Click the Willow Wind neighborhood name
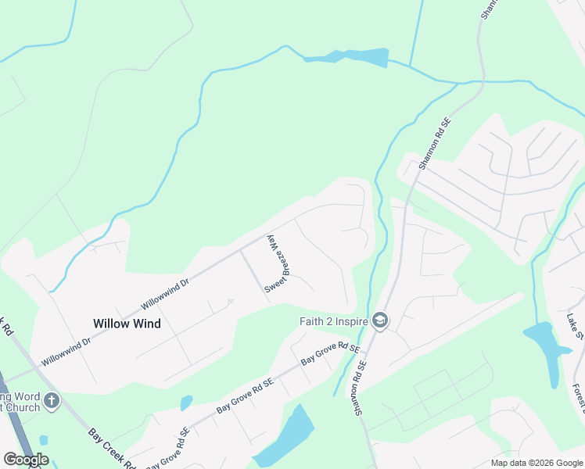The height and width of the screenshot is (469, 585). pos(127,323)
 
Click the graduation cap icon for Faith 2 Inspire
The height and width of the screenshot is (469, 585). pos(380,321)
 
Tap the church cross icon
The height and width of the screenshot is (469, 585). pos(52,402)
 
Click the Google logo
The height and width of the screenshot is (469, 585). pos(26,460)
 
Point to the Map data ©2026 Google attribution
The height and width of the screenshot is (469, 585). pos(537,463)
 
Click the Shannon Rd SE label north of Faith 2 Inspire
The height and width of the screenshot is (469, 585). pos(436,144)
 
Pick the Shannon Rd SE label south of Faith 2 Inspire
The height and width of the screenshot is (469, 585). pos(361,382)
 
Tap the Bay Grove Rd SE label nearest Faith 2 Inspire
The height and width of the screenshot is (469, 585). pos(330,356)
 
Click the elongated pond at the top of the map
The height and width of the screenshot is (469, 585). pos(360,57)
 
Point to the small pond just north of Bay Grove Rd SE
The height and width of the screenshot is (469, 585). pos(186,403)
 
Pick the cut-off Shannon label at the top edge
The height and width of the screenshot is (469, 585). pos(486,9)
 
